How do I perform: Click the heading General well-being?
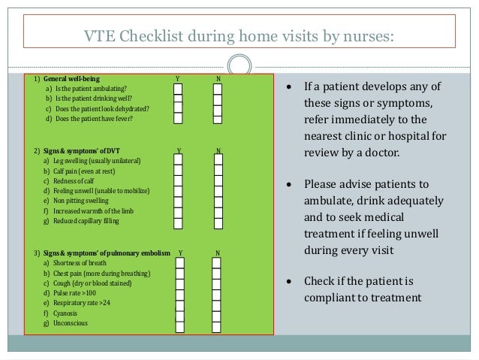point(72,78)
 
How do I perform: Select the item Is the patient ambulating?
point(86,89)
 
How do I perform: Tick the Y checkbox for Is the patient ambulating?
point(178,89)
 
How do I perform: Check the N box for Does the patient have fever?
point(217,118)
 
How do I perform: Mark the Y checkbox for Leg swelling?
point(178,161)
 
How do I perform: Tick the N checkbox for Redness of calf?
point(217,181)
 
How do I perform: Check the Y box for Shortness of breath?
point(181,264)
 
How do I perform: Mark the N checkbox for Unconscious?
point(217,323)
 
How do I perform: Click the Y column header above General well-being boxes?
point(178,78)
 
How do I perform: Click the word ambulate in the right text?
point(328,201)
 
